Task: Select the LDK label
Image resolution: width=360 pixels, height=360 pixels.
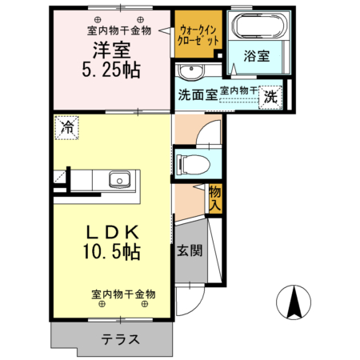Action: [x=112, y=232]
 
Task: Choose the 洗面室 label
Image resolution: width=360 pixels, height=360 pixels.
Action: [x=196, y=94]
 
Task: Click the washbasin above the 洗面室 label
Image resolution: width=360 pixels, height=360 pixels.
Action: [x=191, y=69]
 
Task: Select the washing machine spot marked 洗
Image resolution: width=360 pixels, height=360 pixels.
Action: [x=271, y=96]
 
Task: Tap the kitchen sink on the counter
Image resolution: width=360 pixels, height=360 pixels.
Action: [x=121, y=179]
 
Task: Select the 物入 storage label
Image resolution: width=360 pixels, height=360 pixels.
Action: [x=214, y=198]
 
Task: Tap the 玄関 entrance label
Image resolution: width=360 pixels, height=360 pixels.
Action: [x=189, y=250]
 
